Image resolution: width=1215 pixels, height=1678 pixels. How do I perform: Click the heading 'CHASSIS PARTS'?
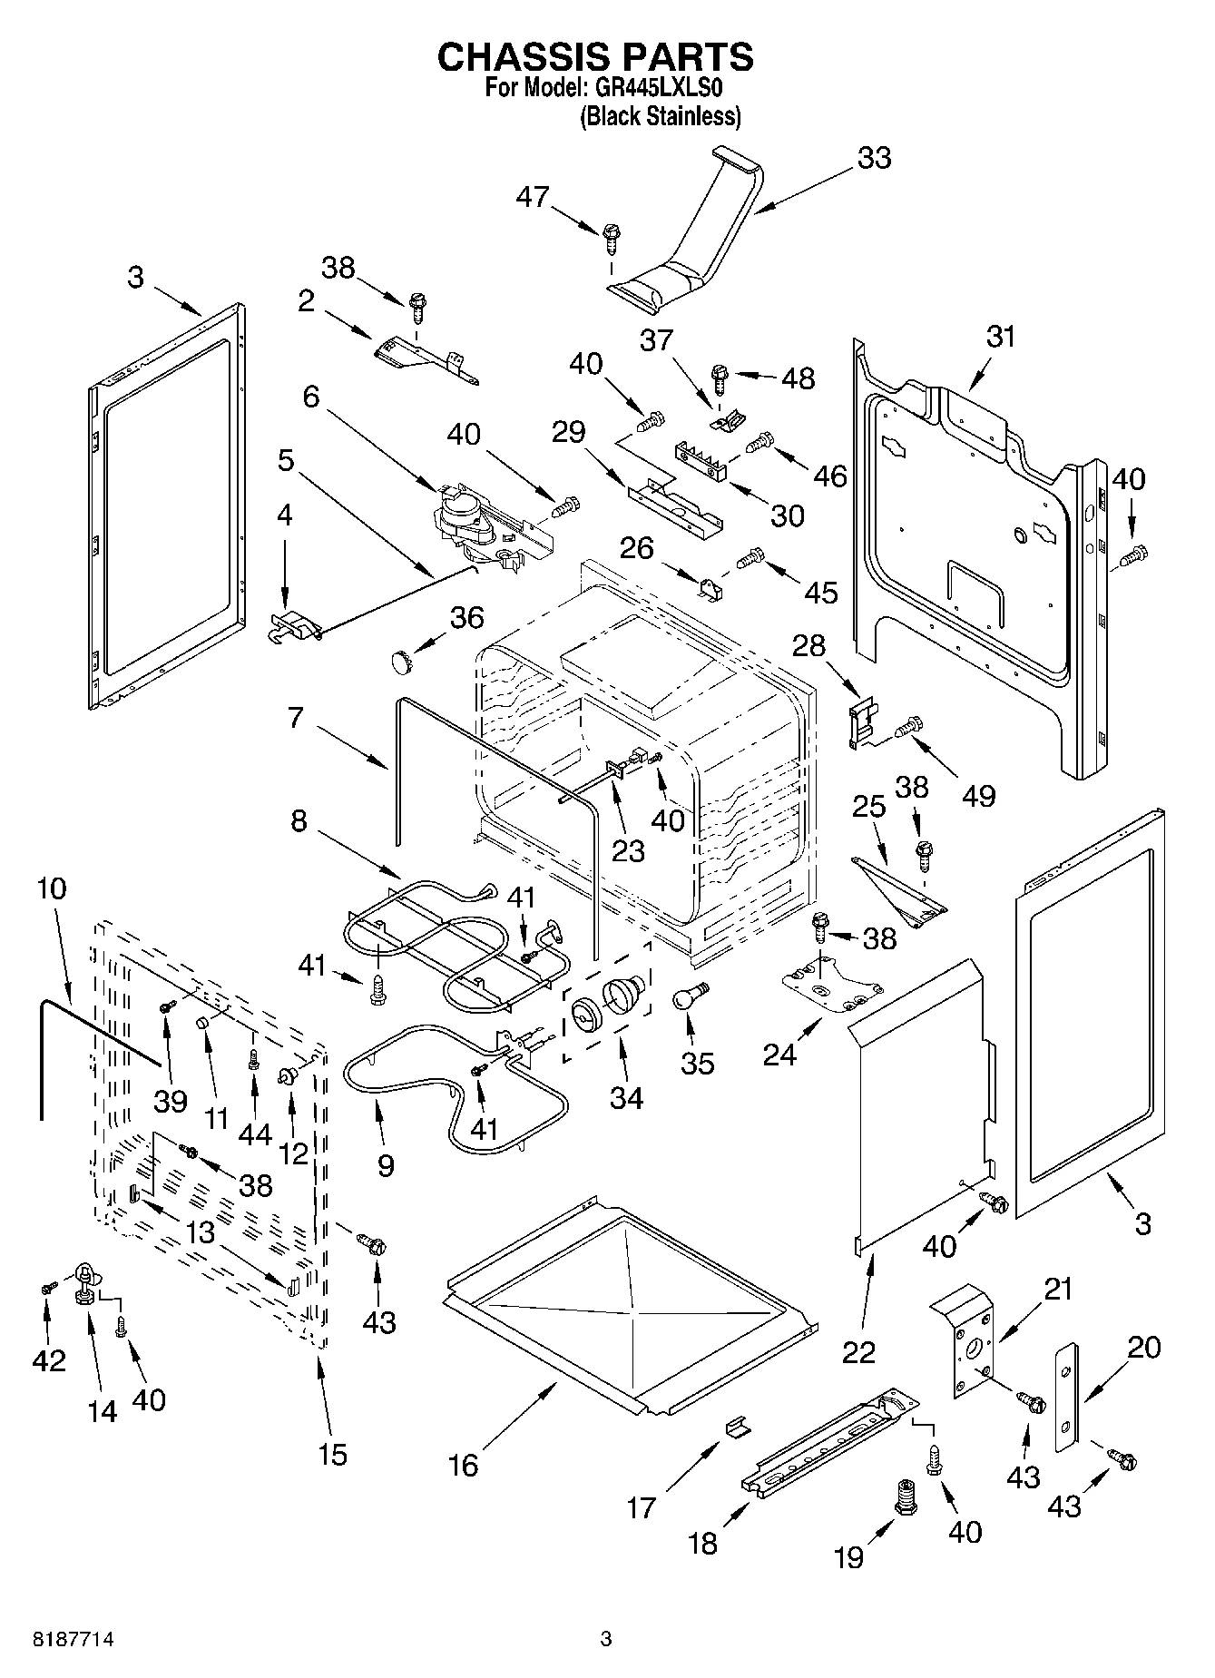pyautogui.click(x=595, y=57)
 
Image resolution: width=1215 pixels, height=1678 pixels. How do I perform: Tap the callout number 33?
pyautogui.click(x=874, y=158)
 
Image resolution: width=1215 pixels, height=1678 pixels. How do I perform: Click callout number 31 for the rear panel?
pyautogui.click(x=1001, y=338)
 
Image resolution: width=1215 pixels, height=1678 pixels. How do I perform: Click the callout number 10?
pyautogui.click(x=52, y=888)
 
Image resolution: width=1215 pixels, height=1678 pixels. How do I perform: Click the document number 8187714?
pyautogui.click(x=63, y=1639)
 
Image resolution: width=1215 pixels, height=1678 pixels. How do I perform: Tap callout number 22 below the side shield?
pyautogui.click(x=858, y=1351)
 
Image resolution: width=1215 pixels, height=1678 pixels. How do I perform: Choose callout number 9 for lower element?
pyautogui.click(x=386, y=1165)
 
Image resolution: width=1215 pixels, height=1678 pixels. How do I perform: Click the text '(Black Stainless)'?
pyautogui.click(x=661, y=116)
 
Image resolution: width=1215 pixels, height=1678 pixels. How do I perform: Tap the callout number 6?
pyautogui.click(x=311, y=397)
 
